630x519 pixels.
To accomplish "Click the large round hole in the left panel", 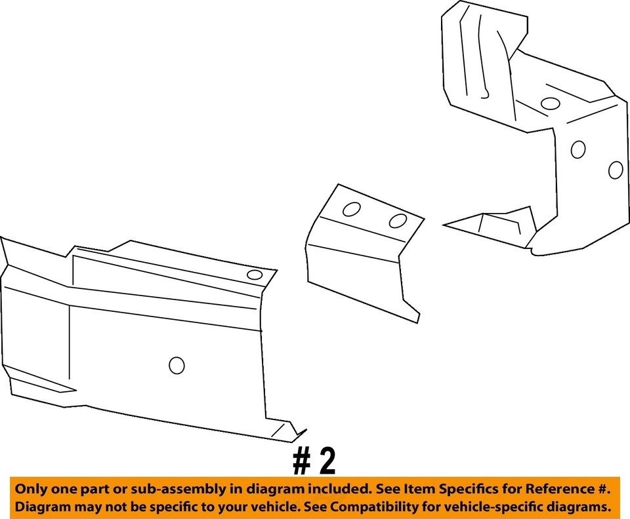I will pos(177,365).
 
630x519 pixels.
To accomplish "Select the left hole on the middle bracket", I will pos(352,210).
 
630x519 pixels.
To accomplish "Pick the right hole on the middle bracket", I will pos(398,221).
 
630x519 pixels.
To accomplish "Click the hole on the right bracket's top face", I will pos(550,103).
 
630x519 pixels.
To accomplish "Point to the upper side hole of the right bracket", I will pos(578,149).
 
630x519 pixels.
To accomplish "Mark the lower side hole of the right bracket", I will pos(615,170).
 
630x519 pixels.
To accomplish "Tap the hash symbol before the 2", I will pos(302,462).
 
